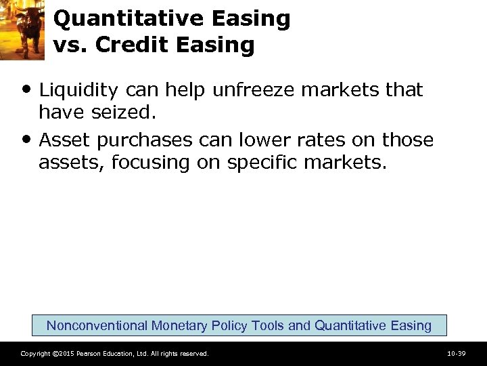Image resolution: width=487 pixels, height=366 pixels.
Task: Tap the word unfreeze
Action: [254, 90]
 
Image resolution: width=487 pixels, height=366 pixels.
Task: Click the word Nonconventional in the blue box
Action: [97, 325]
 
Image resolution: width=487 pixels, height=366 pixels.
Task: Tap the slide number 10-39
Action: [457, 354]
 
